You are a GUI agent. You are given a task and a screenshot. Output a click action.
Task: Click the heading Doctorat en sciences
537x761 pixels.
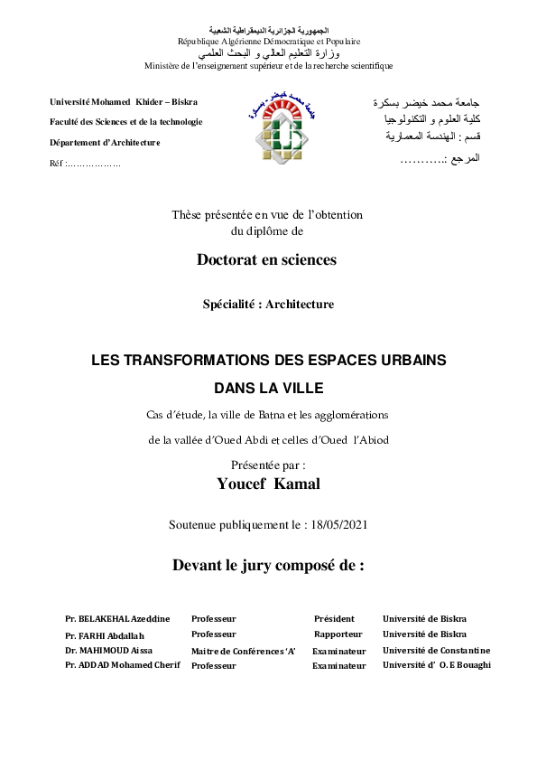pyautogui.click(x=266, y=260)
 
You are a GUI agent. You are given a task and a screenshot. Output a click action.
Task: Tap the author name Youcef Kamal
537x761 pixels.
pyautogui.click(x=268, y=484)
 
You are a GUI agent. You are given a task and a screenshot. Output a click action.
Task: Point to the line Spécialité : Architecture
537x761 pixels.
pyautogui.click(x=268, y=305)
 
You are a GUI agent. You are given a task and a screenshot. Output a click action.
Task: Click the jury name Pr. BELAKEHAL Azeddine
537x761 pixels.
pyautogui.click(x=117, y=619)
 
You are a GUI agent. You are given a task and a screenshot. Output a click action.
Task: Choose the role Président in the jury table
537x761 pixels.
pyautogui.click(x=334, y=619)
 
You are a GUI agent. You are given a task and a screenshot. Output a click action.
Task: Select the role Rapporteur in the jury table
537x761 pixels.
pyautogui.click(x=338, y=634)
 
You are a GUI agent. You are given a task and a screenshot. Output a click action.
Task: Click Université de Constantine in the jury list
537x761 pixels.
pyautogui.click(x=436, y=650)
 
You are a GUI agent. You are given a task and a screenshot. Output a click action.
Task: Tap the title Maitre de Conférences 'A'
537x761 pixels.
pyautogui.click(x=243, y=651)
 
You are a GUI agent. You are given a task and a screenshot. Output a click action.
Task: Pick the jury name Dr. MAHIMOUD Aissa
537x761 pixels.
pyautogui.click(x=109, y=650)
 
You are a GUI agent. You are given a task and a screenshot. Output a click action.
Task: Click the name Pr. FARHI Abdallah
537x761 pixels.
pyautogui.click(x=105, y=634)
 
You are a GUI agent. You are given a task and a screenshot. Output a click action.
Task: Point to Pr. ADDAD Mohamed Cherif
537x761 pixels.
pyautogui.click(x=123, y=665)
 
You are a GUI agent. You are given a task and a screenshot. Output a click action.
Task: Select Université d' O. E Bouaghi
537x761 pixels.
pyautogui.click(x=436, y=665)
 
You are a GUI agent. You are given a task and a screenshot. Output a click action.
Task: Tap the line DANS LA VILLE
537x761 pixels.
pyautogui.click(x=268, y=390)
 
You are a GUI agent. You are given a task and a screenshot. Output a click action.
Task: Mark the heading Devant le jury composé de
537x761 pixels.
pyautogui.click(x=268, y=567)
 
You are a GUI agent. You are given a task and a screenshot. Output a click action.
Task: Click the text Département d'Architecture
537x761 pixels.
pyautogui.click(x=105, y=143)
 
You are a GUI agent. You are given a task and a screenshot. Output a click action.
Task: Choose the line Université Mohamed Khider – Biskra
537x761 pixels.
pyautogui.click(x=124, y=101)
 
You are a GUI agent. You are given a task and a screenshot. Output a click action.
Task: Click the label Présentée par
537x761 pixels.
pyautogui.click(x=268, y=465)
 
